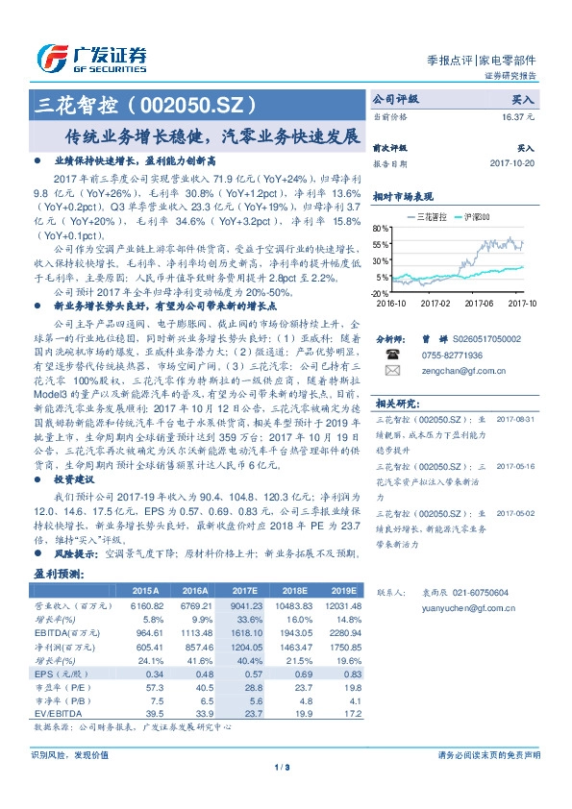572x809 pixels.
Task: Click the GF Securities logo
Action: [x=90, y=58]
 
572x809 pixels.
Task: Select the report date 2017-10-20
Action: [x=511, y=162]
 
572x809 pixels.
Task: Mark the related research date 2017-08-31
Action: [x=513, y=420]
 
